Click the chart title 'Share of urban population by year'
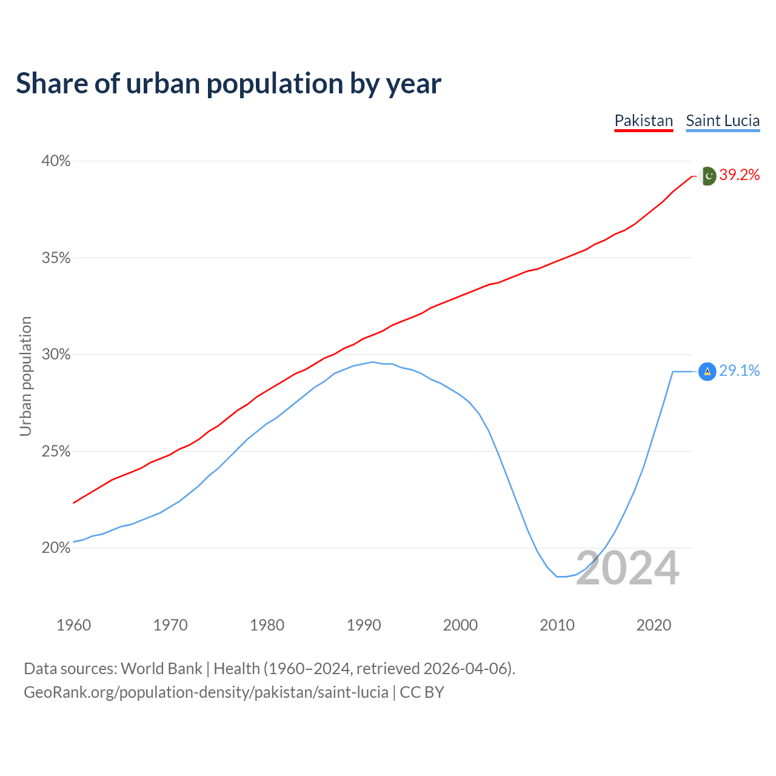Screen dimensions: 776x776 point(229,84)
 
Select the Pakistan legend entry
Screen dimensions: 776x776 point(644,121)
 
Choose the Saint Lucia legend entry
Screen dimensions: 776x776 point(723,121)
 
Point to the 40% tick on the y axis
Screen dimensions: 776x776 point(56,161)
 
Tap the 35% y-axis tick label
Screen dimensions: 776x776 point(56,258)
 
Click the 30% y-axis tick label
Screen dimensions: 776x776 point(56,355)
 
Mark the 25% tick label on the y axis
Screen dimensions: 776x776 point(56,452)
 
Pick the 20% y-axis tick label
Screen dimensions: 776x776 point(56,548)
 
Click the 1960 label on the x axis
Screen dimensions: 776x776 point(73,625)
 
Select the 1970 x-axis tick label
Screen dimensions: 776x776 point(170,625)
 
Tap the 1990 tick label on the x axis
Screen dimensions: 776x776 point(364,625)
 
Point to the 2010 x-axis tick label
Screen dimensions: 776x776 point(557,625)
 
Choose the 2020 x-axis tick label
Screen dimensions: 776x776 point(654,625)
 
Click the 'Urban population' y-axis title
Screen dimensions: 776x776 point(25,376)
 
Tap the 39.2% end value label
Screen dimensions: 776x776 point(740,175)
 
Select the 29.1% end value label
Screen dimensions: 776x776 point(740,371)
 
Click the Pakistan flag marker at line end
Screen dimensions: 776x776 point(707,176)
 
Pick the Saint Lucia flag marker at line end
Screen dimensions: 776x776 point(707,372)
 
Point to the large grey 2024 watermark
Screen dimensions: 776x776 point(627,569)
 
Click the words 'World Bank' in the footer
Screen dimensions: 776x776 point(161,669)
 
